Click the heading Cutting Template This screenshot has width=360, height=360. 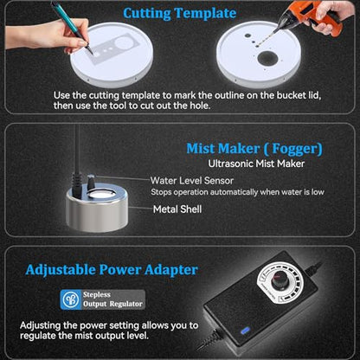click(179, 14)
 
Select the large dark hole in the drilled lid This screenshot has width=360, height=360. click(267, 58)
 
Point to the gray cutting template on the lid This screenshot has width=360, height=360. click(116, 48)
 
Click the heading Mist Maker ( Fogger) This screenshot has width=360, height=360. click(254, 149)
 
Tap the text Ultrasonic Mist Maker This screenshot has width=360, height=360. click(256, 164)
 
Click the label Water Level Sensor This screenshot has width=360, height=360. click(192, 181)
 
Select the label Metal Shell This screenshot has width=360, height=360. click(177, 209)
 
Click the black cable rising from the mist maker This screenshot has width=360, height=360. click(77, 162)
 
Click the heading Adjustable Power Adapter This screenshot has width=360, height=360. click(112, 270)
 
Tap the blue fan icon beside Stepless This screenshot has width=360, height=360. click(71, 299)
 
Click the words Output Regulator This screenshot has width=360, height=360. click(112, 304)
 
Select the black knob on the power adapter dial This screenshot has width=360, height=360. click(280, 280)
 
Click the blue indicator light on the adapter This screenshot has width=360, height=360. click(245, 331)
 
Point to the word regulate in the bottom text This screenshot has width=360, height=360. click(38, 336)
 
